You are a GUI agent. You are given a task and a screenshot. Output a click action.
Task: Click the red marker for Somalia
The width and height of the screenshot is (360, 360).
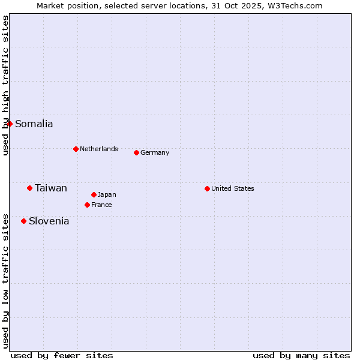click(x=10, y=124)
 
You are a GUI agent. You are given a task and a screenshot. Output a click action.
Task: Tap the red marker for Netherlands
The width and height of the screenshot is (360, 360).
click(x=76, y=149)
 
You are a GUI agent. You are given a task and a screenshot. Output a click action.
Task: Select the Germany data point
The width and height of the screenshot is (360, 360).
click(x=136, y=152)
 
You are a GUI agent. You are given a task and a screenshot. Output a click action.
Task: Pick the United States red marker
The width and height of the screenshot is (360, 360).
click(x=207, y=188)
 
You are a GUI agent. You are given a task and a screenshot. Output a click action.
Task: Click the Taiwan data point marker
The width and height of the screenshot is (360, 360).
click(x=29, y=188)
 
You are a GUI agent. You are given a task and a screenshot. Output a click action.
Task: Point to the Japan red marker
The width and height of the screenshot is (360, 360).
click(x=94, y=194)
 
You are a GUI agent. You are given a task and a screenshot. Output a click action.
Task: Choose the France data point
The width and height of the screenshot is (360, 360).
click(x=87, y=205)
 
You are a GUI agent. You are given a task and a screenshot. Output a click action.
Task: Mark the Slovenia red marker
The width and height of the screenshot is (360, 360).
click(x=23, y=221)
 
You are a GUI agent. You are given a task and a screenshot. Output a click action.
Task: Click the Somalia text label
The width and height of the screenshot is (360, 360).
click(x=34, y=124)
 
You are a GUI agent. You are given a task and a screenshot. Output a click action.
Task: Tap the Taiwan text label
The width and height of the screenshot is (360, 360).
click(x=51, y=188)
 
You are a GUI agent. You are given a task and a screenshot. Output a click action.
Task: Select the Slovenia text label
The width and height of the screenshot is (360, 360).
click(x=49, y=221)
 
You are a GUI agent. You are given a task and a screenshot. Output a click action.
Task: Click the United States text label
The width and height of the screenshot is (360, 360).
click(x=233, y=188)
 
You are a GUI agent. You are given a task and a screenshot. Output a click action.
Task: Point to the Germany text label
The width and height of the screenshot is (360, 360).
click(x=155, y=152)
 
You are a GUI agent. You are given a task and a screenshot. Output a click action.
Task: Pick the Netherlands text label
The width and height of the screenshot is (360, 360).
click(x=99, y=149)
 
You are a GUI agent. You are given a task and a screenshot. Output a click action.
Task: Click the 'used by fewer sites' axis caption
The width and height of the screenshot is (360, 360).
click(x=62, y=355)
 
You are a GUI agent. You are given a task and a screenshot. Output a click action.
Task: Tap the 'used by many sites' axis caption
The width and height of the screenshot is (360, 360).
click(x=301, y=355)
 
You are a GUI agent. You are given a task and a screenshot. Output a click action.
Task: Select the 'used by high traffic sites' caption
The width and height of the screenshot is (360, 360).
click(x=6, y=85)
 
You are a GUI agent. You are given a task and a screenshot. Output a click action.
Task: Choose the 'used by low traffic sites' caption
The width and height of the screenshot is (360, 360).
click(x=6, y=281)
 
